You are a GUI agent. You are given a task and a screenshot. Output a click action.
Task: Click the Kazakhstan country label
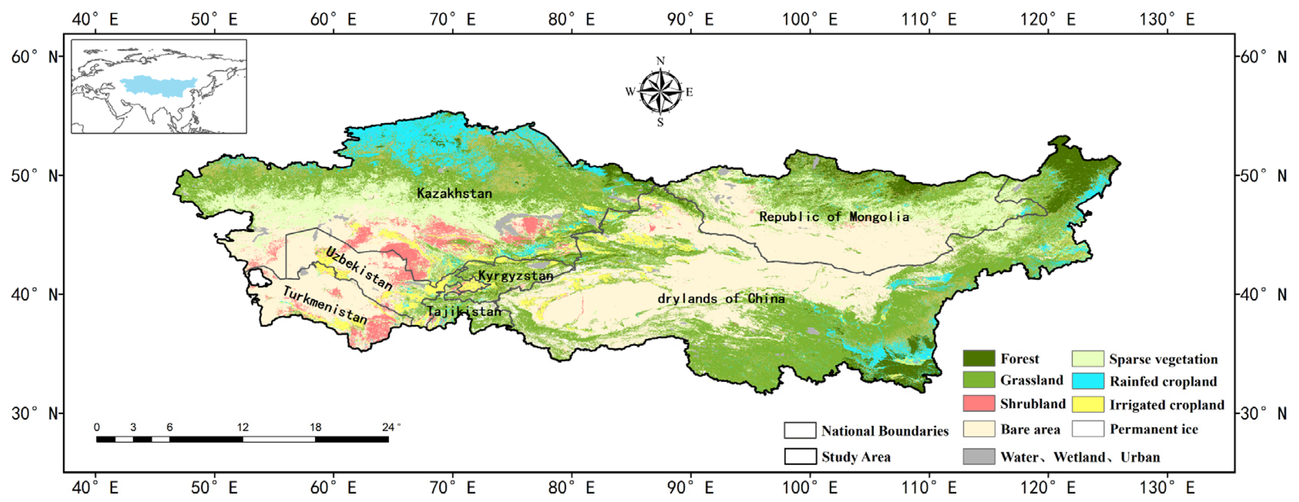pyautogui.click(x=454, y=193)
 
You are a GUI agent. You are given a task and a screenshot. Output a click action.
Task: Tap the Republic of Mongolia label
pyautogui.click(x=834, y=217)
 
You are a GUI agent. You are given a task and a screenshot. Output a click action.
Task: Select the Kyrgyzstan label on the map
pyautogui.click(x=515, y=276)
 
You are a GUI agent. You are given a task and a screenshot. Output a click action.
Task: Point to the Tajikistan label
pyautogui.click(x=464, y=311)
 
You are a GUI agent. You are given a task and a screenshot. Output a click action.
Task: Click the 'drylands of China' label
pyautogui.click(x=721, y=298)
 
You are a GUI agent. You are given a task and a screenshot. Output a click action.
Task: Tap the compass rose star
pyautogui.click(x=660, y=92)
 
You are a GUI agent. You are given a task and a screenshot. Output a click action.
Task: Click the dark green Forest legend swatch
pyautogui.click(x=978, y=358)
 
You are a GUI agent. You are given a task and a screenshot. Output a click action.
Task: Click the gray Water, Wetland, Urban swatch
pyautogui.click(x=978, y=457)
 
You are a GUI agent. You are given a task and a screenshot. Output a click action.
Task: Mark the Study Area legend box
pyautogui.click(x=800, y=457)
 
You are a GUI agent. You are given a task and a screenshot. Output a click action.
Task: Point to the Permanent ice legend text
pyautogui.click(x=1154, y=429)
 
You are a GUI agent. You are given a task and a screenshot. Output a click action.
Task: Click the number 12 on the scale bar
pyautogui.click(x=242, y=427)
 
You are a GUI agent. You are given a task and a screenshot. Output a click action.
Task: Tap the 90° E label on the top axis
pyautogui.click(x=690, y=20)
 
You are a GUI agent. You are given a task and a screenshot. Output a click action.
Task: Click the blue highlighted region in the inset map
pyautogui.click(x=158, y=85)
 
